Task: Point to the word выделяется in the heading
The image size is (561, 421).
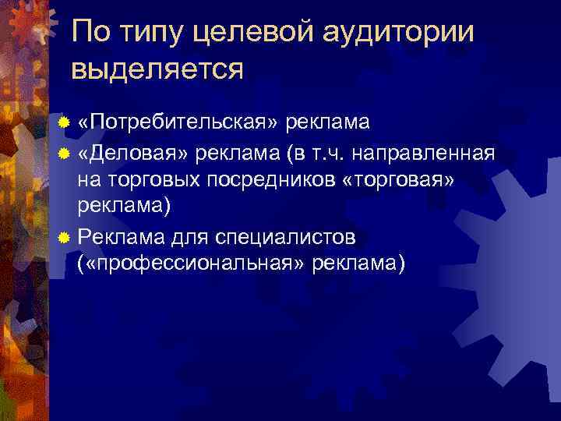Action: [157, 69]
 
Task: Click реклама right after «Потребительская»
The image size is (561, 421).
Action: [328, 122]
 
